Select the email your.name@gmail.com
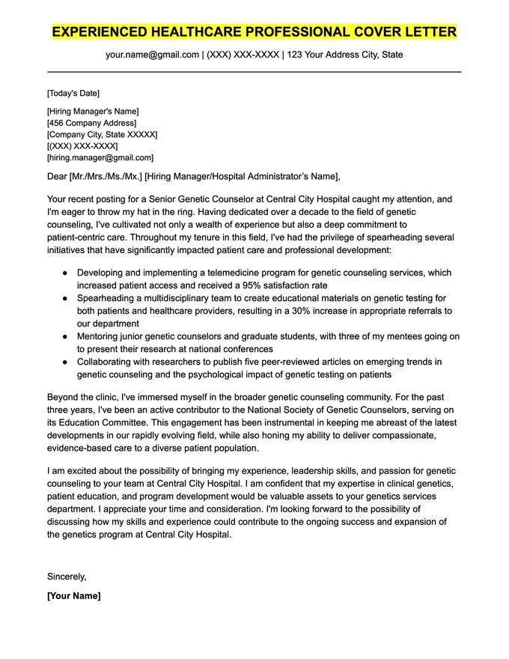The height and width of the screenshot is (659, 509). pyautogui.click(x=152, y=55)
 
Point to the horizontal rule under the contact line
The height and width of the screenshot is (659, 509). pyautogui.click(x=254, y=72)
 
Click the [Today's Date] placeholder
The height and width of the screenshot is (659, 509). pyautogui.click(x=73, y=94)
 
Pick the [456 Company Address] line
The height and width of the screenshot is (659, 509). pyautogui.click(x=91, y=123)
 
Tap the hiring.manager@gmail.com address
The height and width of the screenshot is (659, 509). pyautogui.click(x=100, y=158)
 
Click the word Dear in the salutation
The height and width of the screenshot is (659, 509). pyautogui.click(x=56, y=177)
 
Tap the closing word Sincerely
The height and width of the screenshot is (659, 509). pyautogui.click(x=67, y=577)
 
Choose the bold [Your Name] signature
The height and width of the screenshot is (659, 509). pyautogui.click(x=73, y=596)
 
